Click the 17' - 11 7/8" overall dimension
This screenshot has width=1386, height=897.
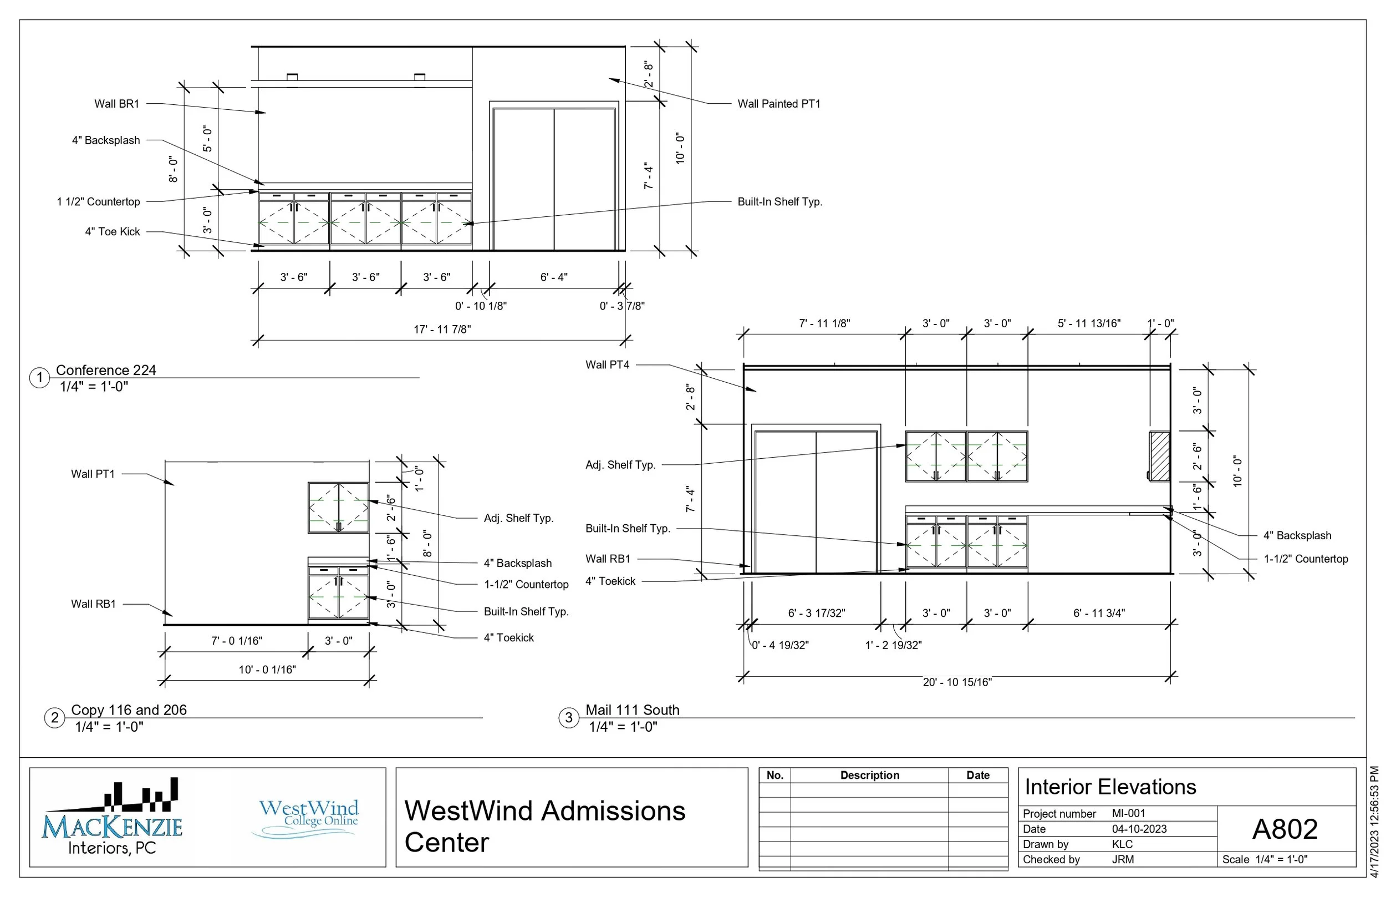[442, 329]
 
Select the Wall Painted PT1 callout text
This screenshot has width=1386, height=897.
[778, 104]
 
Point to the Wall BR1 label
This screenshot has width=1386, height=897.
[116, 104]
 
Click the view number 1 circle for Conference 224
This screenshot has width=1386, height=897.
[39, 377]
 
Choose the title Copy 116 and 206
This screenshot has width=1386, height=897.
[129, 710]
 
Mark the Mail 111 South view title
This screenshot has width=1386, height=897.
[631, 710]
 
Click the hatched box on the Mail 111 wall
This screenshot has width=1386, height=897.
[1159, 456]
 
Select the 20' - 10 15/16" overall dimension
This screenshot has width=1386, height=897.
[957, 682]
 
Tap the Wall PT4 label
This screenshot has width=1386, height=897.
[607, 364]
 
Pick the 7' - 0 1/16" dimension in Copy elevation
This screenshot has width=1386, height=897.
[236, 641]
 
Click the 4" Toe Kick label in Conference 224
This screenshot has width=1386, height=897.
[113, 231]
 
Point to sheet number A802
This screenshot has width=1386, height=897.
[1284, 828]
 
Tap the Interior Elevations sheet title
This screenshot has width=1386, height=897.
[1109, 787]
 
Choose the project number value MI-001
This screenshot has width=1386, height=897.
[1128, 813]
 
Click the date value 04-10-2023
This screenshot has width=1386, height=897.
[1139, 829]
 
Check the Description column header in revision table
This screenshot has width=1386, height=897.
[869, 776]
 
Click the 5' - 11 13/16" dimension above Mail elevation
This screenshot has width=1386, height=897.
[1088, 323]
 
